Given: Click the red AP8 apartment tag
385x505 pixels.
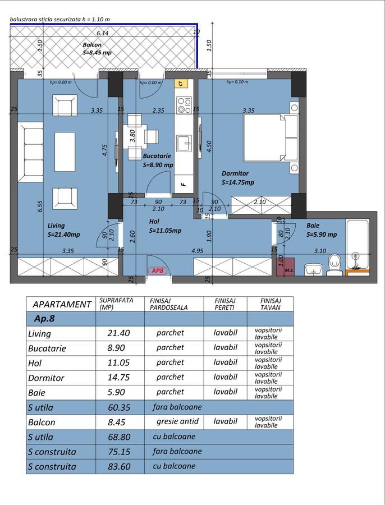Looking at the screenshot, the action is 158,271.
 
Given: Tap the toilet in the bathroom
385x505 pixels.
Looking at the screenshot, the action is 334,265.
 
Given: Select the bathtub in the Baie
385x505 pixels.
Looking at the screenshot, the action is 357,244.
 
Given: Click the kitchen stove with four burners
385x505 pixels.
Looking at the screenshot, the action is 184,105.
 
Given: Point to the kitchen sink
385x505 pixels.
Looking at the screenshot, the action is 184,143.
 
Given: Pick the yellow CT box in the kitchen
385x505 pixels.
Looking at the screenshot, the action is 181,83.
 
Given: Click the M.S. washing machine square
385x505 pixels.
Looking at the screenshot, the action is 286,267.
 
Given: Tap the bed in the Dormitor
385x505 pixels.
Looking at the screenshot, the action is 271,137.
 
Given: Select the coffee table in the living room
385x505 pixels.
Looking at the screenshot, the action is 65,151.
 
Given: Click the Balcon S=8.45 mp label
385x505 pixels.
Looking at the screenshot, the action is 97,49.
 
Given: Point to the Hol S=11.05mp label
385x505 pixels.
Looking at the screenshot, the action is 165,226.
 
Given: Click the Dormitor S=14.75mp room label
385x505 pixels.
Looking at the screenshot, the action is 238,178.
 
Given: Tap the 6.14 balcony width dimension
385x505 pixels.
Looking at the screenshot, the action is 103,33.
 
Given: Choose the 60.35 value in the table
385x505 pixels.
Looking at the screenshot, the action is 119,407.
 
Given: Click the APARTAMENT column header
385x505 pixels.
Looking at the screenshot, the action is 62,304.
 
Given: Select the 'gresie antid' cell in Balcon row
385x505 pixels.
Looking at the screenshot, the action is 177,421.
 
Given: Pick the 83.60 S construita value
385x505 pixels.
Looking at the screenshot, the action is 119,467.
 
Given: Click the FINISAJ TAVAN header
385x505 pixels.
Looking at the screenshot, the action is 271,304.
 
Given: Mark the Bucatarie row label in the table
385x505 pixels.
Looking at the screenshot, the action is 47,348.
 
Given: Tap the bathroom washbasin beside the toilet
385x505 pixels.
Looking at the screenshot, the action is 314,269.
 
